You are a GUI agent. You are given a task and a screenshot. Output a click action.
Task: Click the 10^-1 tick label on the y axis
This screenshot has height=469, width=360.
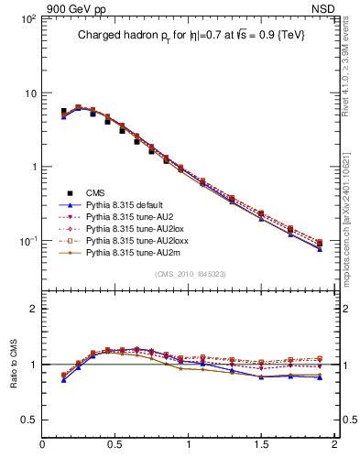tap(27, 241)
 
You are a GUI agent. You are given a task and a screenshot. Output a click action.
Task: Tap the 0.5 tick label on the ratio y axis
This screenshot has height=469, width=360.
tap(27, 420)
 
